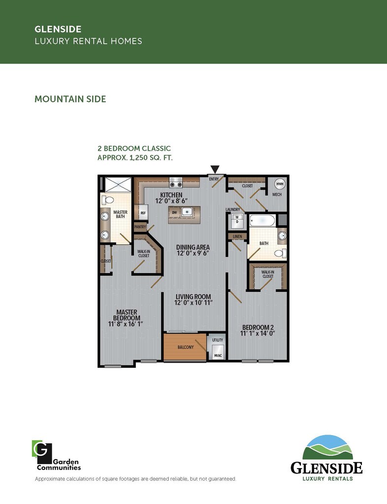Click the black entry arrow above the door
(x=215, y=169)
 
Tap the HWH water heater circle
(x=280, y=184)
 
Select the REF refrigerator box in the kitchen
(x=143, y=213)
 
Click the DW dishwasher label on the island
(x=174, y=213)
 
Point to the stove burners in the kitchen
(x=176, y=184)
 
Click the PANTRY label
(x=140, y=227)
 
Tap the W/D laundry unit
(x=236, y=220)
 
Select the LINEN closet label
(x=237, y=237)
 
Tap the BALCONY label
(x=185, y=347)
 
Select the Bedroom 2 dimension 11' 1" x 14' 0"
(x=257, y=334)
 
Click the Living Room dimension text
(x=193, y=303)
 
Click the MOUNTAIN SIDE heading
(x=70, y=99)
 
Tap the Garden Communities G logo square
(x=41, y=450)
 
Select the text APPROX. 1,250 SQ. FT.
(x=135, y=157)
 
